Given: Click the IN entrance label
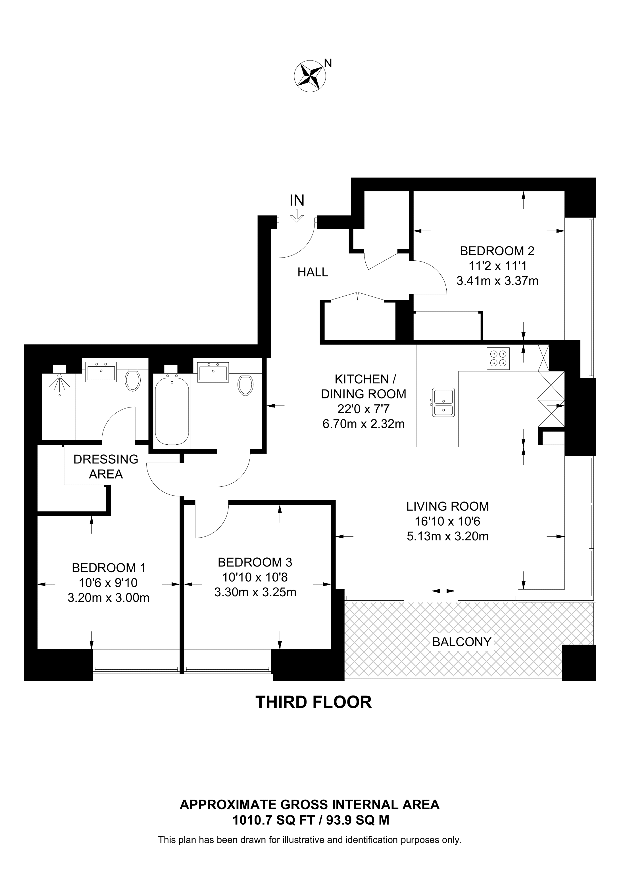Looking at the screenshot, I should (297, 200).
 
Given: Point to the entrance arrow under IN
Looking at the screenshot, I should (297, 216).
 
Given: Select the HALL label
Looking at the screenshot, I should (313, 273).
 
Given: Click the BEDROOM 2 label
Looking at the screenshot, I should (497, 251).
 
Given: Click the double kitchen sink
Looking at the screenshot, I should (443, 402).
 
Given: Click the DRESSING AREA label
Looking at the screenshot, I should (106, 467).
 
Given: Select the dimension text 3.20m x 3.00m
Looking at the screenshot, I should (109, 597).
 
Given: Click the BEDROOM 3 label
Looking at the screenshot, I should (255, 563).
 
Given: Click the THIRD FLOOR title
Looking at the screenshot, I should (313, 702).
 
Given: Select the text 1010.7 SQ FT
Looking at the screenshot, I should (274, 820).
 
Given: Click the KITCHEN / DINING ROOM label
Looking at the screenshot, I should (364, 386).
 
